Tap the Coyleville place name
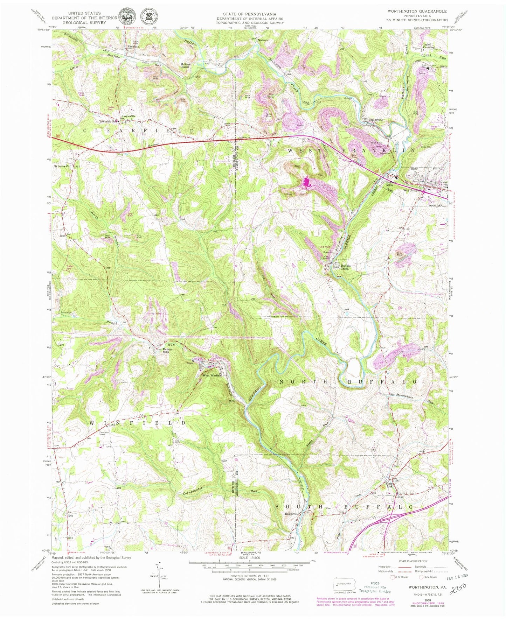pos(129,116)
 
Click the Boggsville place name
pos(292,514)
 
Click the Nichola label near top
pos(263,40)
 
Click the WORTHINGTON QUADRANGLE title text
pos(417,12)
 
